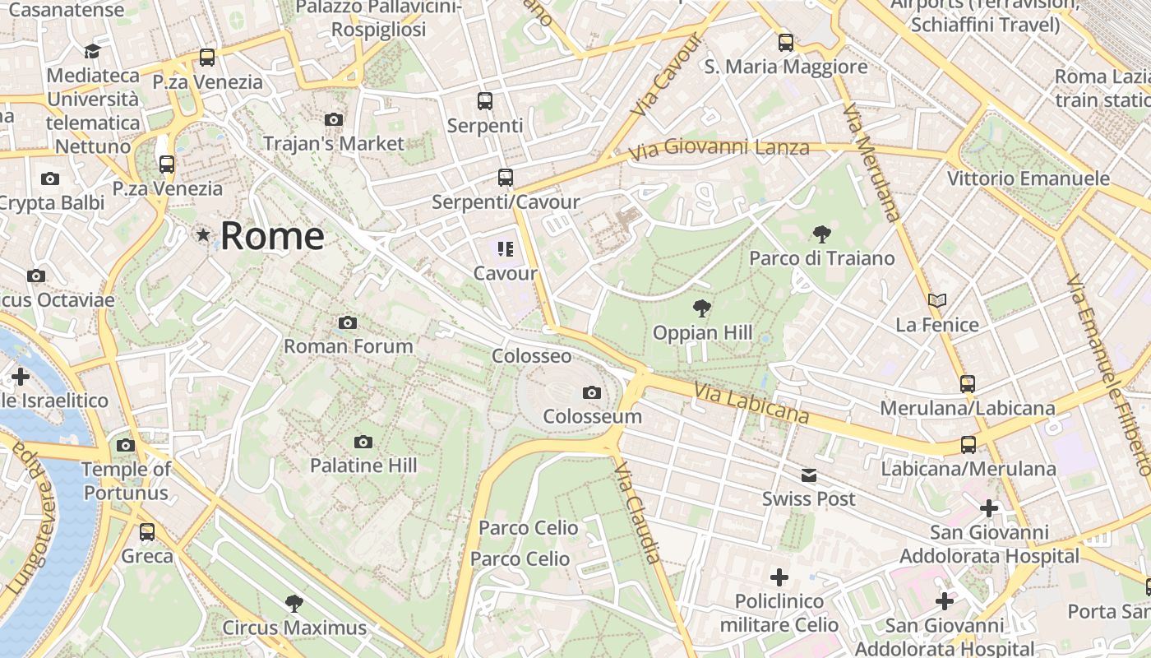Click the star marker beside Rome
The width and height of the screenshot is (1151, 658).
click(203, 235)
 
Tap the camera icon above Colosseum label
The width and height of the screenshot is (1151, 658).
click(591, 393)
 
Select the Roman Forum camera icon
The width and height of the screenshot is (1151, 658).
click(348, 322)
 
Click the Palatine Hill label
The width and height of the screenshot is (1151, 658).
click(363, 466)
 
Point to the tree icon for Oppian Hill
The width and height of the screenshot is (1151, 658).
click(701, 309)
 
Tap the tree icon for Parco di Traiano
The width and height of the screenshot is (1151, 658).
click(821, 234)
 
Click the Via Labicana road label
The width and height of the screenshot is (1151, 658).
click(751, 403)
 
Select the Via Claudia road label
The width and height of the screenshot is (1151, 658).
click(637, 512)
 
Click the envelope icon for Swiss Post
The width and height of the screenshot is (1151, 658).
click(809, 475)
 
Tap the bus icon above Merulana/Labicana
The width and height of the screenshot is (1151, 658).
click(968, 383)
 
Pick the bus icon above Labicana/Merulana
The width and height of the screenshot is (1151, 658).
click(968, 445)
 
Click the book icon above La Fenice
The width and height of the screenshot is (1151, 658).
click(937, 300)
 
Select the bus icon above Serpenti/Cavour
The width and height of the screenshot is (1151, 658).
click(505, 178)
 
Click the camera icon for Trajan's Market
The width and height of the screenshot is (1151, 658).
click(333, 120)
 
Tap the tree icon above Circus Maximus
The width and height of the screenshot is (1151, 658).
click(294, 604)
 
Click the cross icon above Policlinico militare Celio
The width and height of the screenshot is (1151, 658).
click(779, 577)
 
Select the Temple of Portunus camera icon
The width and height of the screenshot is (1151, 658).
click(125, 446)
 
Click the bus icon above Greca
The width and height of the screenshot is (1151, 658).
click(147, 532)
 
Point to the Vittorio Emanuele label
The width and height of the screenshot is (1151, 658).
click(1028, 178)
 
